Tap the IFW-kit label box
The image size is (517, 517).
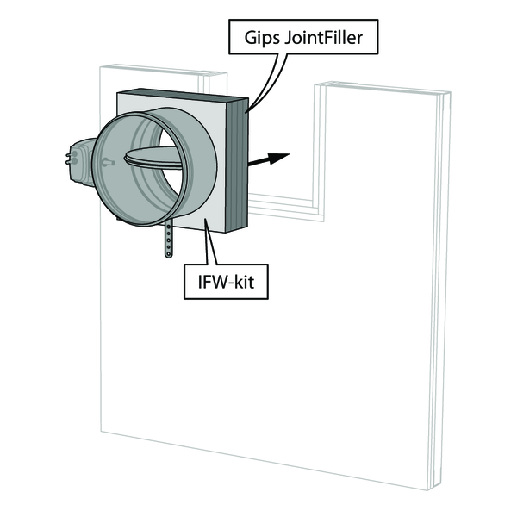(x=226, y=283)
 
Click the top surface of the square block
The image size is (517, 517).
(x=181, y=96)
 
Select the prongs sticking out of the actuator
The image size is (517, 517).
(x=66, y=159)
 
